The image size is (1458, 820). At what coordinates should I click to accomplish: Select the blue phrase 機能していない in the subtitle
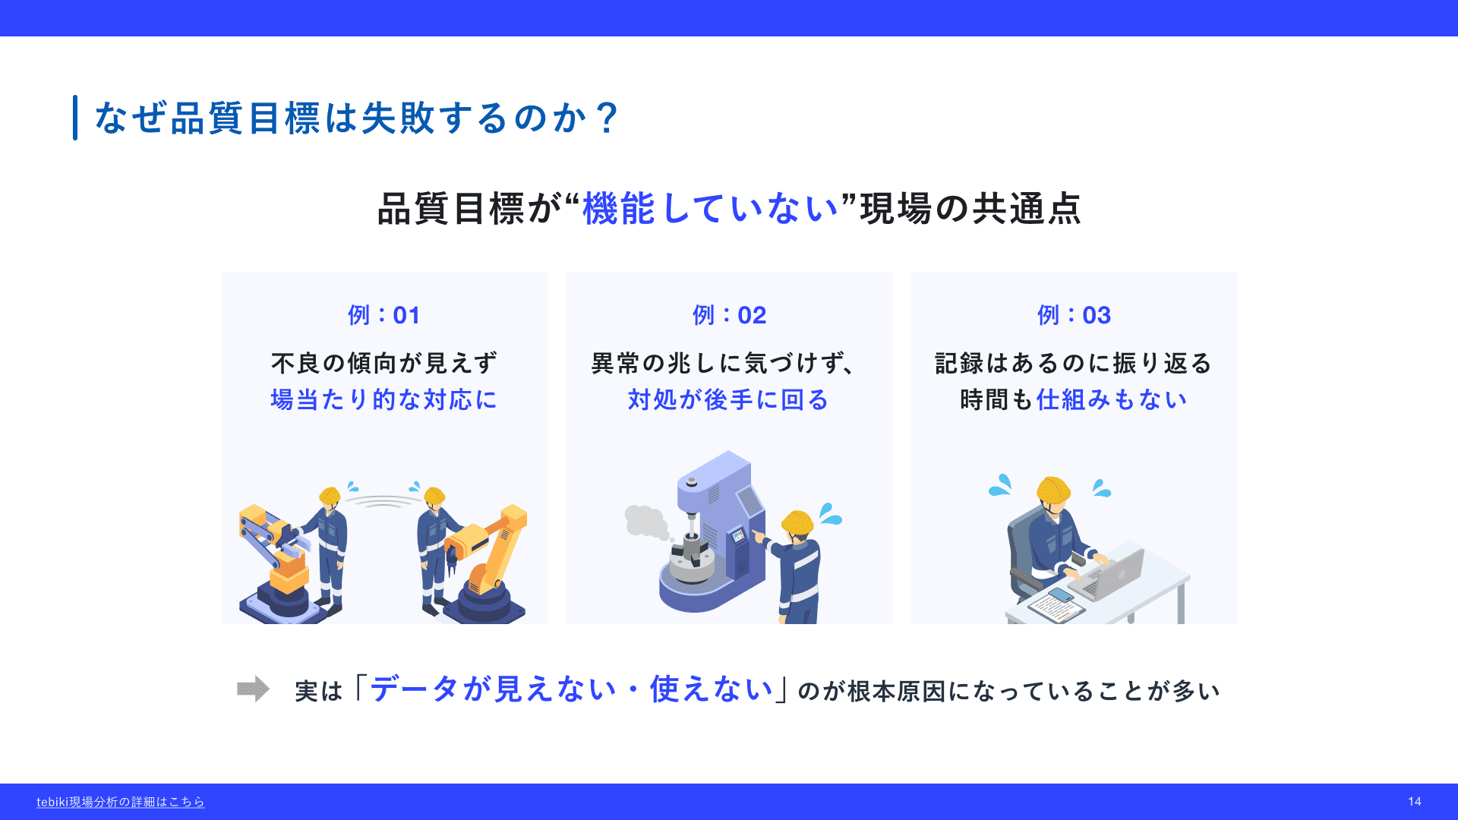pos(710,208)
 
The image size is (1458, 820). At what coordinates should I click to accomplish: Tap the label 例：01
pos(384,315)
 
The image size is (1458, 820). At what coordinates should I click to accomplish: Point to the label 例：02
pos(729,315)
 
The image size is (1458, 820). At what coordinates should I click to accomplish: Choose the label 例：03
pos(1074,315)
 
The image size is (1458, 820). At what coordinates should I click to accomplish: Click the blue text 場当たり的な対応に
pos(384,399)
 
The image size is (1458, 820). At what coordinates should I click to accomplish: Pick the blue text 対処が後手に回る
pos(729,399)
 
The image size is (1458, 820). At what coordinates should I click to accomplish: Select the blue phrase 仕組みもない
pos(1112,399)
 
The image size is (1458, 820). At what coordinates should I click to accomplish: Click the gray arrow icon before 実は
pos(253,689)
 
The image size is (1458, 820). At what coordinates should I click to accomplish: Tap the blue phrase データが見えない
pos(493,689)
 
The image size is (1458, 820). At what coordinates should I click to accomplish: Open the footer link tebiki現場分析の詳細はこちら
pos(121,802)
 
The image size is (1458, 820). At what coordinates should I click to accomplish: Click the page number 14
pos(1415,802)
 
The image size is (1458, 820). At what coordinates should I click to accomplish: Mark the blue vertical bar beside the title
pos(75,118)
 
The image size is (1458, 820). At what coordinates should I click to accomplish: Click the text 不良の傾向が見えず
pos(384,363)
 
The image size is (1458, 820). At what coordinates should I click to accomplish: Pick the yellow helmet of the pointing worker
pos(797,522)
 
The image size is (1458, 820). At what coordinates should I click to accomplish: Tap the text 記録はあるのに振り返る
pos(1074,363)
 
